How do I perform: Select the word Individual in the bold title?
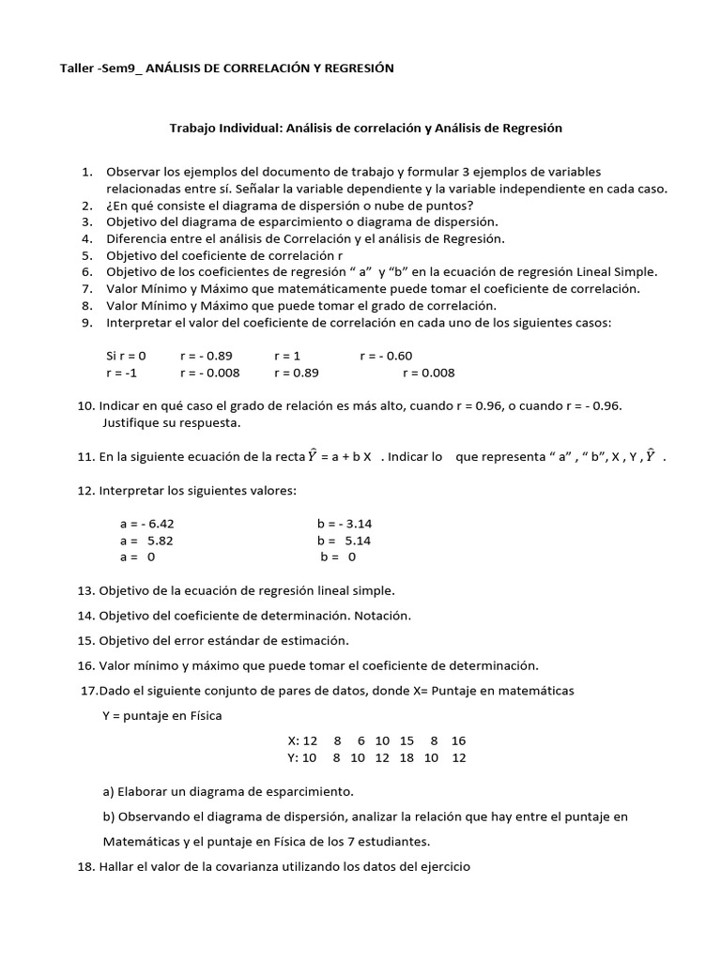245,128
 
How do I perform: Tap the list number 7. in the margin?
86,289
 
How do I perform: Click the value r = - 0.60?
385,356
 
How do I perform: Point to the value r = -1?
121,373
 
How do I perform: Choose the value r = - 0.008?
209,373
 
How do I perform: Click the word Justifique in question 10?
131,422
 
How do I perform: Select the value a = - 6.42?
146,524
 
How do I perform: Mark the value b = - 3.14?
345,524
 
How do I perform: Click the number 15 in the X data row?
407,740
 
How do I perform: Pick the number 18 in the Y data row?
407,757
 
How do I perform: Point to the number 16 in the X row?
458,740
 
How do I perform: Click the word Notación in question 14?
384,616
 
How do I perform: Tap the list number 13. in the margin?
87,590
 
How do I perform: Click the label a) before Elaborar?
109,791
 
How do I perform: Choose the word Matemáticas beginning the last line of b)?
142,841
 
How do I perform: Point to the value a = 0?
137,557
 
